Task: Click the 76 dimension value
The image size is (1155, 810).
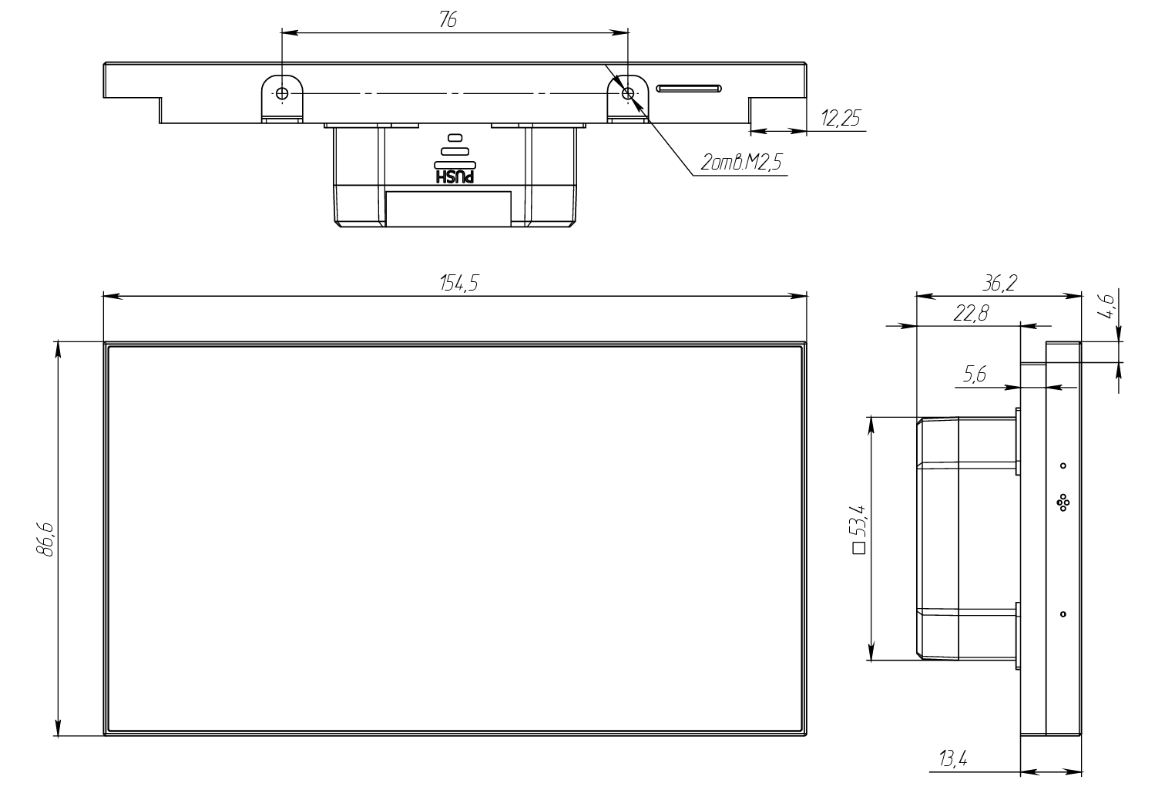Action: [448, 19]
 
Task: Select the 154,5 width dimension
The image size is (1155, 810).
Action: [459, 283]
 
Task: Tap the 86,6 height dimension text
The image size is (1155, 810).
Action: [45, 539]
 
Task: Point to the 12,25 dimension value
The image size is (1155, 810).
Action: [841, 118]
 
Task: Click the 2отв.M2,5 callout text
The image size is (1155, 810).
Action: [741, 163]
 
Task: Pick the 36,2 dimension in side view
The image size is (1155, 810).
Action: [999, 283]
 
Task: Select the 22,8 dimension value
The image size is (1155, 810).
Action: [971, 313]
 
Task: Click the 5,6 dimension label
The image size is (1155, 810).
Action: [974, 375]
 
